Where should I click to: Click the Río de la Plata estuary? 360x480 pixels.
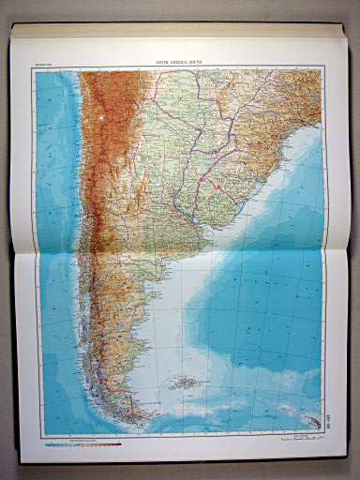tap(199, 209)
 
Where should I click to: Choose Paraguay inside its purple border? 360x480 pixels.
tap(198, 106)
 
